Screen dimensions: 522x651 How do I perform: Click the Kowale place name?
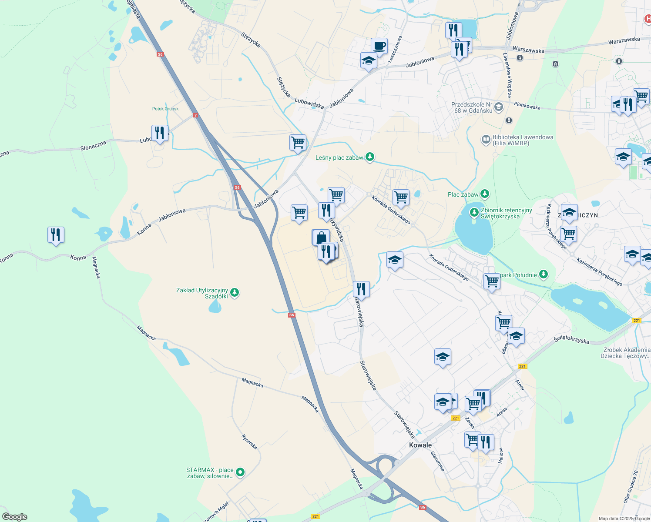420,445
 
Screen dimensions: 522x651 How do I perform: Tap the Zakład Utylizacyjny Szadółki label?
202,293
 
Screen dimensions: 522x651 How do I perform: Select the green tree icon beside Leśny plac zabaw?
370,157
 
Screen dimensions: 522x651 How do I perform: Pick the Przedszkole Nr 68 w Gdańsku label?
472,107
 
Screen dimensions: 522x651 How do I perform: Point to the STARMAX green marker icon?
240,472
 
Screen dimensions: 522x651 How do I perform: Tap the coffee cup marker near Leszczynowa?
379,46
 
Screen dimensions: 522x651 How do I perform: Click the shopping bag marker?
321,238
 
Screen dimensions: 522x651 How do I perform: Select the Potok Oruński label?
166,109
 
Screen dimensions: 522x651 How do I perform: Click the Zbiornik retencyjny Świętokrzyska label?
506,213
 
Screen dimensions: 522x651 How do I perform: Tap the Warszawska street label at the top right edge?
624,40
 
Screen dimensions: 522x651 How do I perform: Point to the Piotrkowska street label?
527,106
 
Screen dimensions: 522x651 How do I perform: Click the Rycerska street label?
249,442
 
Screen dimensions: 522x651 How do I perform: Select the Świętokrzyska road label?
572,339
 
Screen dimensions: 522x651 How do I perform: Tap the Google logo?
15,517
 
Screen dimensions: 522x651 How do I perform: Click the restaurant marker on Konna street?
56,235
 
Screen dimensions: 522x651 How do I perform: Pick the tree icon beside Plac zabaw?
485,194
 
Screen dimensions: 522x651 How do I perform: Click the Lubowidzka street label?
309,103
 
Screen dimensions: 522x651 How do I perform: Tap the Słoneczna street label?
93,146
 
